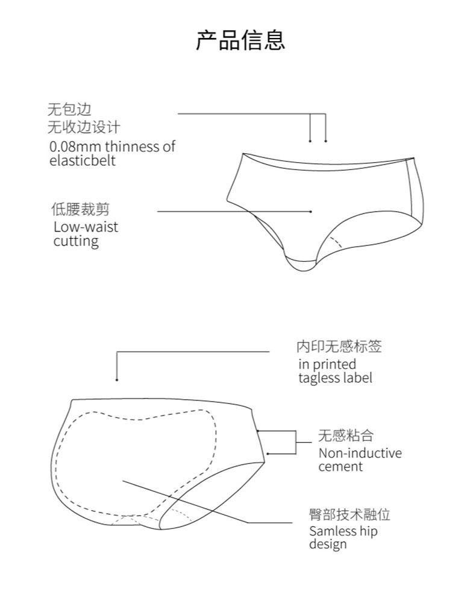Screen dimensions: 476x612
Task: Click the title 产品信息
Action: [240, 40]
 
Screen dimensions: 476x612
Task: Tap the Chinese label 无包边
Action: [69, 110]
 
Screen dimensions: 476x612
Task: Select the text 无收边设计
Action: [84, 127]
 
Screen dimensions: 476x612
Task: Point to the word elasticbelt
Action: [82, 161]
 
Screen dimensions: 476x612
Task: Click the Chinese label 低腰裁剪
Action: [80, 210]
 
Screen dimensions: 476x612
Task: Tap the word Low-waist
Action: [86, 227]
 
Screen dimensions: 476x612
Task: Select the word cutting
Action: [75, 241]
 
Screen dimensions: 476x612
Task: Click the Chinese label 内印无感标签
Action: [339, 347]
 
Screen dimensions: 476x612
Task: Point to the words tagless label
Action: [335, 378]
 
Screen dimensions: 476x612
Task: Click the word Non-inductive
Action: [360, 453]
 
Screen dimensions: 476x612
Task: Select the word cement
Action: [340, 467]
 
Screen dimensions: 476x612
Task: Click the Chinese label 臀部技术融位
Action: [349, 514]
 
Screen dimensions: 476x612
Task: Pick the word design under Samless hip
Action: [328, 544]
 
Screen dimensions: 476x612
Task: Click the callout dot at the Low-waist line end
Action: [310, 212]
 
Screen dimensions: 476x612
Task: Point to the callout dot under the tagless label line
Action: [116, 379]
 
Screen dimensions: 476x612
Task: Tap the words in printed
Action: [327, 364]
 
